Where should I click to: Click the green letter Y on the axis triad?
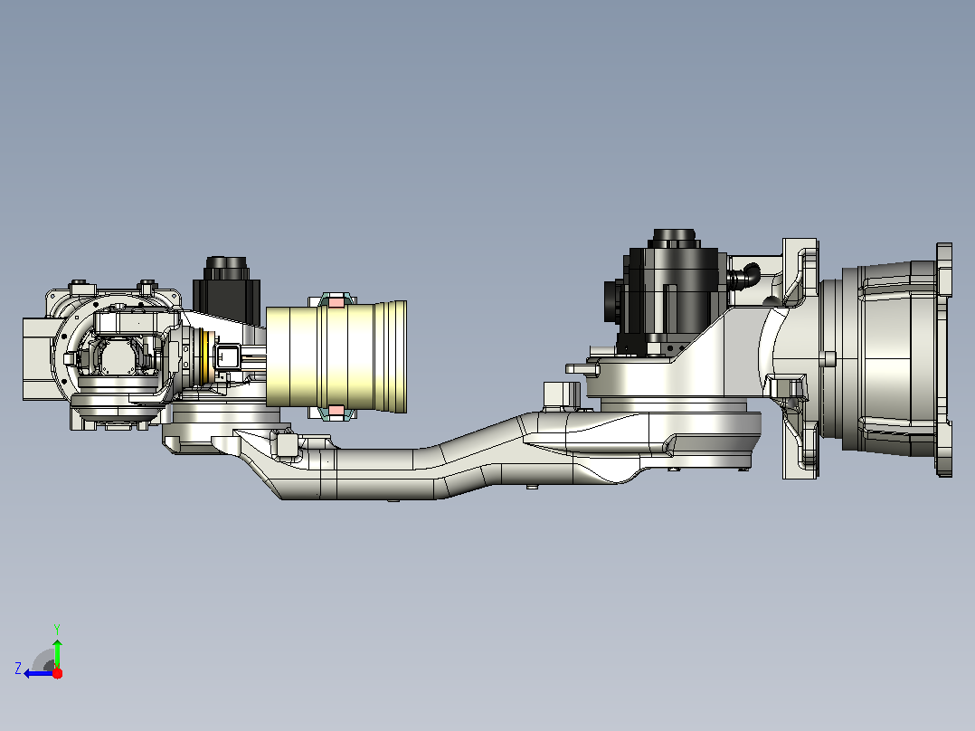57,629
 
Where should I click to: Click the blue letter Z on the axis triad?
18,669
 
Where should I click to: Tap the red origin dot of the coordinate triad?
57,673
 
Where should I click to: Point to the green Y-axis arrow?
57,652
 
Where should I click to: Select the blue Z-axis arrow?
39,673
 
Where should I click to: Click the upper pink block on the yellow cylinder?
336,302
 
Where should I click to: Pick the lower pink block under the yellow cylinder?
336,411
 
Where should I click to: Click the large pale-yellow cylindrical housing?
336,356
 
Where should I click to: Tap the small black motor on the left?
226,291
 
